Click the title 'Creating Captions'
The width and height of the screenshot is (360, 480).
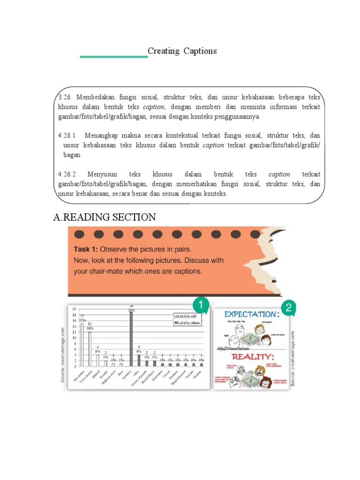(x=182, y=51)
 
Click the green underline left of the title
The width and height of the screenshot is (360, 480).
(x=113, y=57)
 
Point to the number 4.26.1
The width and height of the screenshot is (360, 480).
(x=68, y=136)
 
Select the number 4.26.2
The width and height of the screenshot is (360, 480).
(x=68, y=174)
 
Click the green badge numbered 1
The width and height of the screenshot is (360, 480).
(x=200, y=306)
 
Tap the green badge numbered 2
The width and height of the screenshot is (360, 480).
(x=289, y=308)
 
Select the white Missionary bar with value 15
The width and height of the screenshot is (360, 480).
(x=82, y=345)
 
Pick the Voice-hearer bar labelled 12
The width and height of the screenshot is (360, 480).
(x=90, y=349)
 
